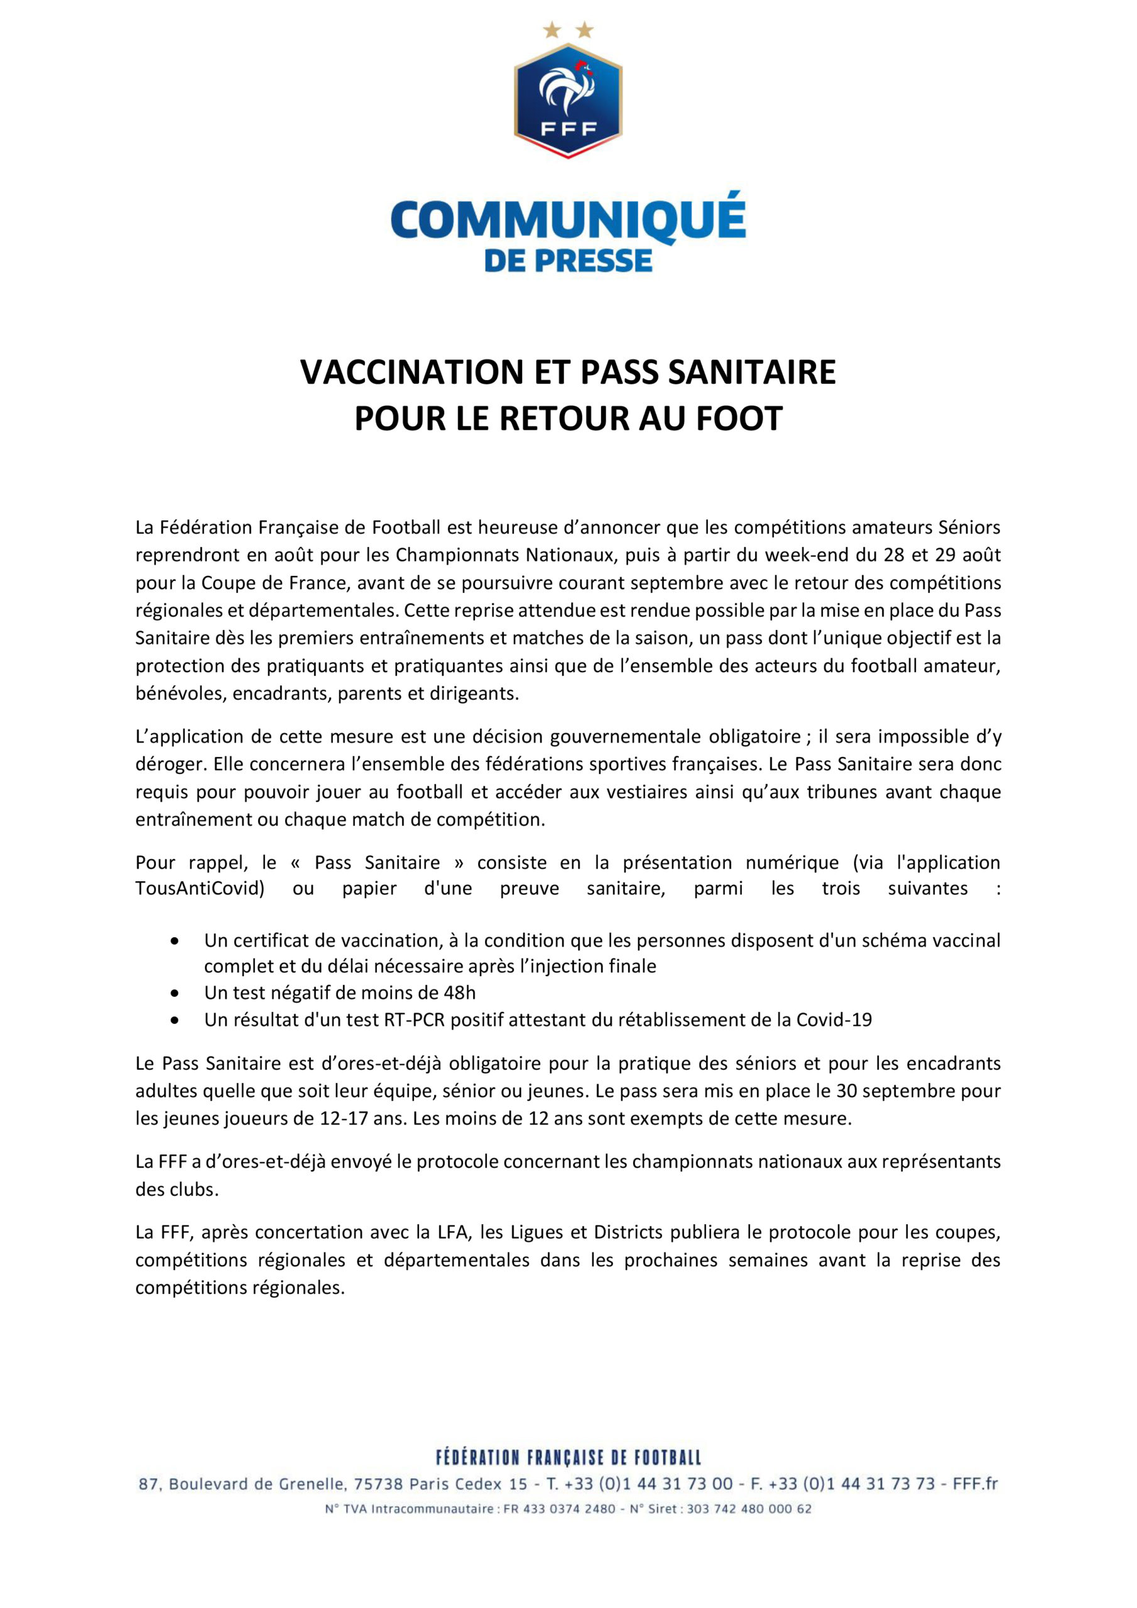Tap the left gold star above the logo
[x=552, y=30]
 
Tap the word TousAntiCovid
[x=200, y=889]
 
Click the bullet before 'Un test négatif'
[x=175, y=993]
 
